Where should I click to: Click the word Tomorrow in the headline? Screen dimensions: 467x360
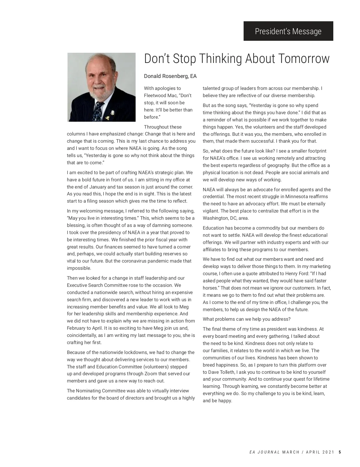(x=304, y=59)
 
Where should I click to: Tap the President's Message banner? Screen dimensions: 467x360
(x=288, y=31)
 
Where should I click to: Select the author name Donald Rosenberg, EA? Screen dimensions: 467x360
(x=170, y=76)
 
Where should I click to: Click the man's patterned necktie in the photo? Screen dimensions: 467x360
(x=98, y=111)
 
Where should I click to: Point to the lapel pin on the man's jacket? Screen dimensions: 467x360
(x=112, y=113)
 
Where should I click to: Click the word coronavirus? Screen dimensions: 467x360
(x=138, y=261)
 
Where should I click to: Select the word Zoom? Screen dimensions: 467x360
(x=151, y=374)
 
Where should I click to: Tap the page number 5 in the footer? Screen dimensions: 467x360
(x=340, y=452)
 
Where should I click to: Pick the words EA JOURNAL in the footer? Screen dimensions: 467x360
(x=265, y=452)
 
